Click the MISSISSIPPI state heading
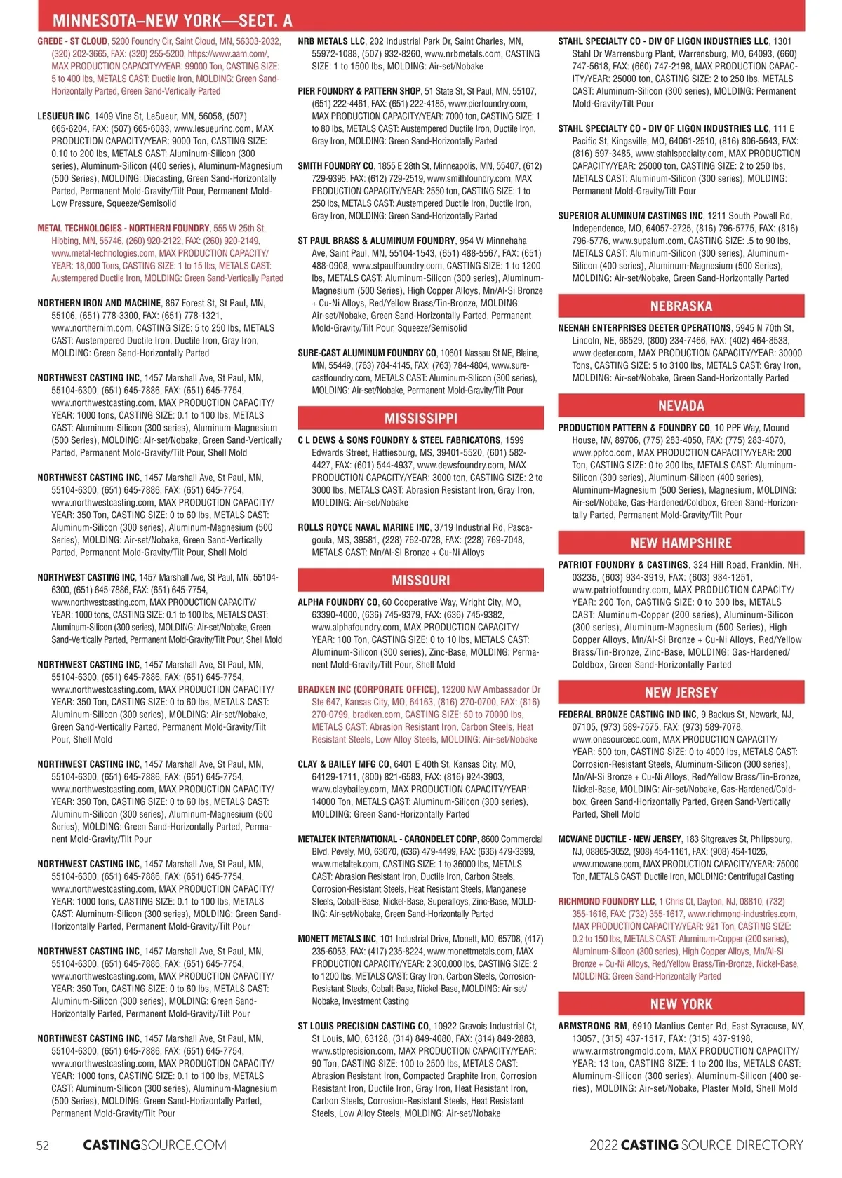coord(420,419)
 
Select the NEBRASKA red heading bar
coord(681,306)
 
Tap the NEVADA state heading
coord(681,406)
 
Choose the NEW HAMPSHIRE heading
coord(681,543)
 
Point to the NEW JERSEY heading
coord(681,693)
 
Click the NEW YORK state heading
coord(681,1004)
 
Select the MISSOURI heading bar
coord(420,581)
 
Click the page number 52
coord(43,1145)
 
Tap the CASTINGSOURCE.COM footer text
coord(154,1145)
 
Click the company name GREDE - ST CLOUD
coord(72,41)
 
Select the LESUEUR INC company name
coord(64,116)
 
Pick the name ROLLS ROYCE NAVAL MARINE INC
coord(363,527)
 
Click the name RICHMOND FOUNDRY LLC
coord(606,902)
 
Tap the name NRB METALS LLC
coord(331,41)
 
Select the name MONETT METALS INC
coord(337,939)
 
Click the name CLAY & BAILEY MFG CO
coord(343,764)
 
